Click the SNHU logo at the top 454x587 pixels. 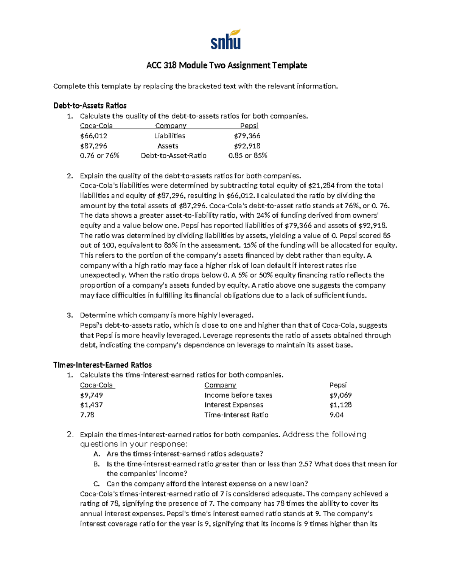[225, 39]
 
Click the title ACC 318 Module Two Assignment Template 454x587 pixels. [227, 65]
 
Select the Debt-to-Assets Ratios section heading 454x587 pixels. [90, 105]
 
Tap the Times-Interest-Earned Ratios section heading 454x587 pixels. [102, 365]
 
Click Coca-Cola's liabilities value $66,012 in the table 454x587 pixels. [93, 136]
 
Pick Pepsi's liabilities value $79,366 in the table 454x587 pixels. [247, 136]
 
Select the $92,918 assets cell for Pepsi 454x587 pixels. [247, 146]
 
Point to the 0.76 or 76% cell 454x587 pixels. [100, 155]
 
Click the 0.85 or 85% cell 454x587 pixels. [248, 155]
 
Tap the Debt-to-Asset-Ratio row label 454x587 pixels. [174, 155]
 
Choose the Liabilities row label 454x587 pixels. [169, 136]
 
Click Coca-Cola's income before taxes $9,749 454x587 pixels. [91, 395]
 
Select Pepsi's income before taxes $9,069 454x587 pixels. [340, 395]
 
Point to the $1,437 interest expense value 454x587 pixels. [91, 405]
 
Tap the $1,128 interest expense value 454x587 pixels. [340, 405]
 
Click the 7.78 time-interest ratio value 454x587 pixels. [87, 415]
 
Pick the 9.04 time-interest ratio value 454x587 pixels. [337, 415]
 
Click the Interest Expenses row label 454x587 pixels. [233, 405]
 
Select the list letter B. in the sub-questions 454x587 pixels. [96, 464]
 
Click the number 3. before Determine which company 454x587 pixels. [69, 315]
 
